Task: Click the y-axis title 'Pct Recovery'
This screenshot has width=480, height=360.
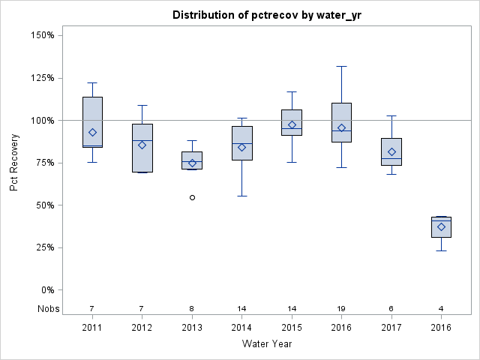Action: tap(14, 163)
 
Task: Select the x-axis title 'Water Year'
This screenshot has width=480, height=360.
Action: tap(267, 343)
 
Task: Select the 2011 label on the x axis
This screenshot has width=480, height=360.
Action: tap(92, 328)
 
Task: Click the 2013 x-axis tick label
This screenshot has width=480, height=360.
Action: tap(192, 328)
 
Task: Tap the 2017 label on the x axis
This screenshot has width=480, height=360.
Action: tap(391, 328)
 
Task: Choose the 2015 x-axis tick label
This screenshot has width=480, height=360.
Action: tap(292, 328)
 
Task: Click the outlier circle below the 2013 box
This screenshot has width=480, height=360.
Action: tap(192, 197)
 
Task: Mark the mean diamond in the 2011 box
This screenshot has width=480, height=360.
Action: tap(92, 132)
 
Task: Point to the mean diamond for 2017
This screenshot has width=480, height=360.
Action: tap(391, 151)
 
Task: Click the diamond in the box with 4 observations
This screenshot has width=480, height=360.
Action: tap(441, 226)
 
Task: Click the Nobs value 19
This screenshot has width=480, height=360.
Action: tap(341, 308)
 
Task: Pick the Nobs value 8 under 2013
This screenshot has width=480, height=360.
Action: tap(192, 308)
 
